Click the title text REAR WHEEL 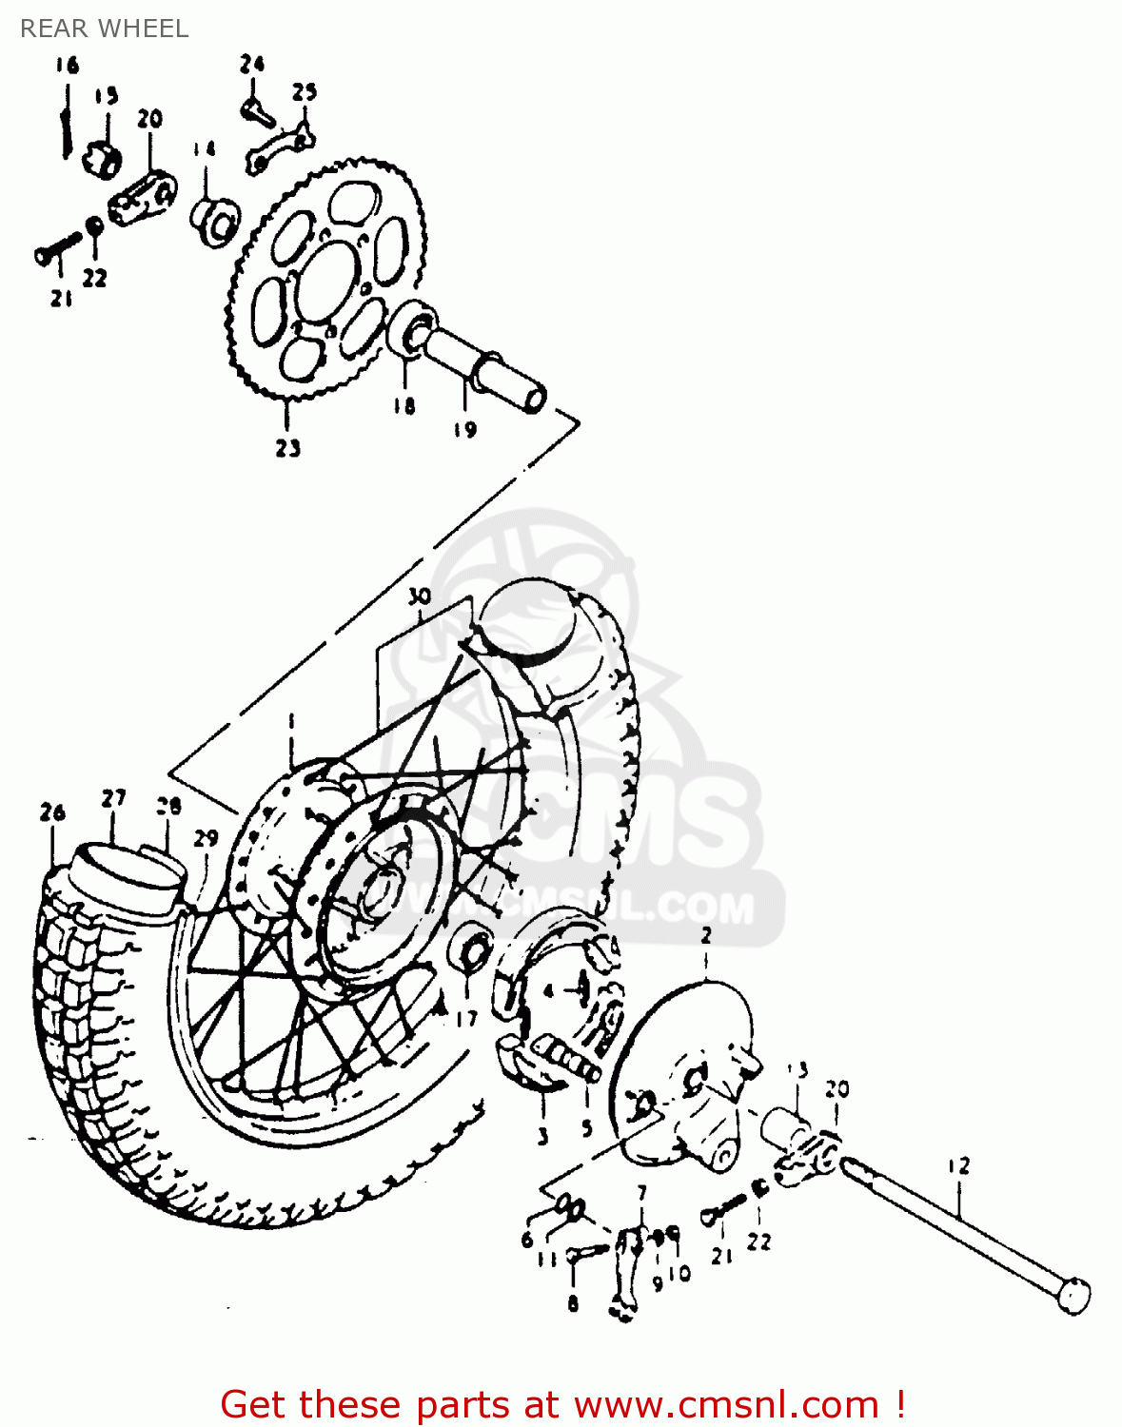tap(104, 29)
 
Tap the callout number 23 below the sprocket tap(288, 447)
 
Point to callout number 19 tap(464, 430)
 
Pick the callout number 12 tap(958, 1165)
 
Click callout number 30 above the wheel tap(419, 597)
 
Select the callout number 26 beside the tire tap(52, 812)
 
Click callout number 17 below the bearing tap(466, 1019)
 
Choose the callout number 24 tap(251, 65)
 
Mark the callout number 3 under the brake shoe tap(542, 1136)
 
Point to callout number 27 tap(114, 799)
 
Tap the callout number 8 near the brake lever tap(573, 1303)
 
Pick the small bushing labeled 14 tap(217, 222)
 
